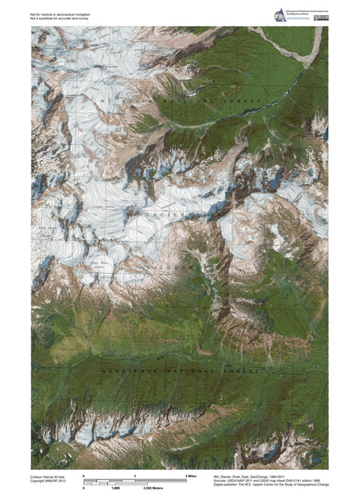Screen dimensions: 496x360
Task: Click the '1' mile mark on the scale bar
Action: pos(135,476)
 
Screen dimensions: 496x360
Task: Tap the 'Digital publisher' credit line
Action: pos(270,485)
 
